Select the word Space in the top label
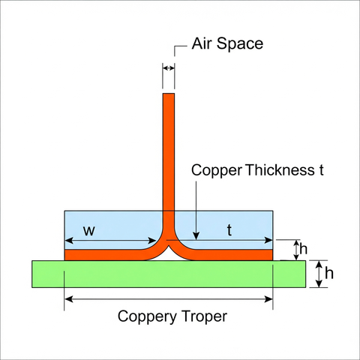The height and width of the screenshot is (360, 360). [240, 44]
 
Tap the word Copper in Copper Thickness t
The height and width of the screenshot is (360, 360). [217, 171]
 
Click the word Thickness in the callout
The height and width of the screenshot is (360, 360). [280, 170]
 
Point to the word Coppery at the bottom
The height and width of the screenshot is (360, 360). [147, 317]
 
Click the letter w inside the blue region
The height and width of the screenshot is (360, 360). [89, 231]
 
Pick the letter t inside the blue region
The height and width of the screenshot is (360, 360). [229, 230]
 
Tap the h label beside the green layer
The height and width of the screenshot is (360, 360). [329, 273]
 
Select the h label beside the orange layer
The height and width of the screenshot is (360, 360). [303, 249]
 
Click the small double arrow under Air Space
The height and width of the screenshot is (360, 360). [169, 67]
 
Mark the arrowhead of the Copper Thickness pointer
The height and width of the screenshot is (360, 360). [196, 235]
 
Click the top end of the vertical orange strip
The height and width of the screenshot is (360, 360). [169, 94]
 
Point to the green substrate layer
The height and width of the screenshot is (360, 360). [169, 274]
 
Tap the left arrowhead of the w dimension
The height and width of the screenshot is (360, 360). [69, 241]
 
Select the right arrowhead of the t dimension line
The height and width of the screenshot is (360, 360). [268, 241]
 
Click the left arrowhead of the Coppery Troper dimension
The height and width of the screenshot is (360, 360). [69, 299]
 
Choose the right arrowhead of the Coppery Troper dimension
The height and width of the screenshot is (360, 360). [268, 299]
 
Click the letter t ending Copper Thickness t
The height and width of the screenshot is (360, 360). [321, 170]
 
